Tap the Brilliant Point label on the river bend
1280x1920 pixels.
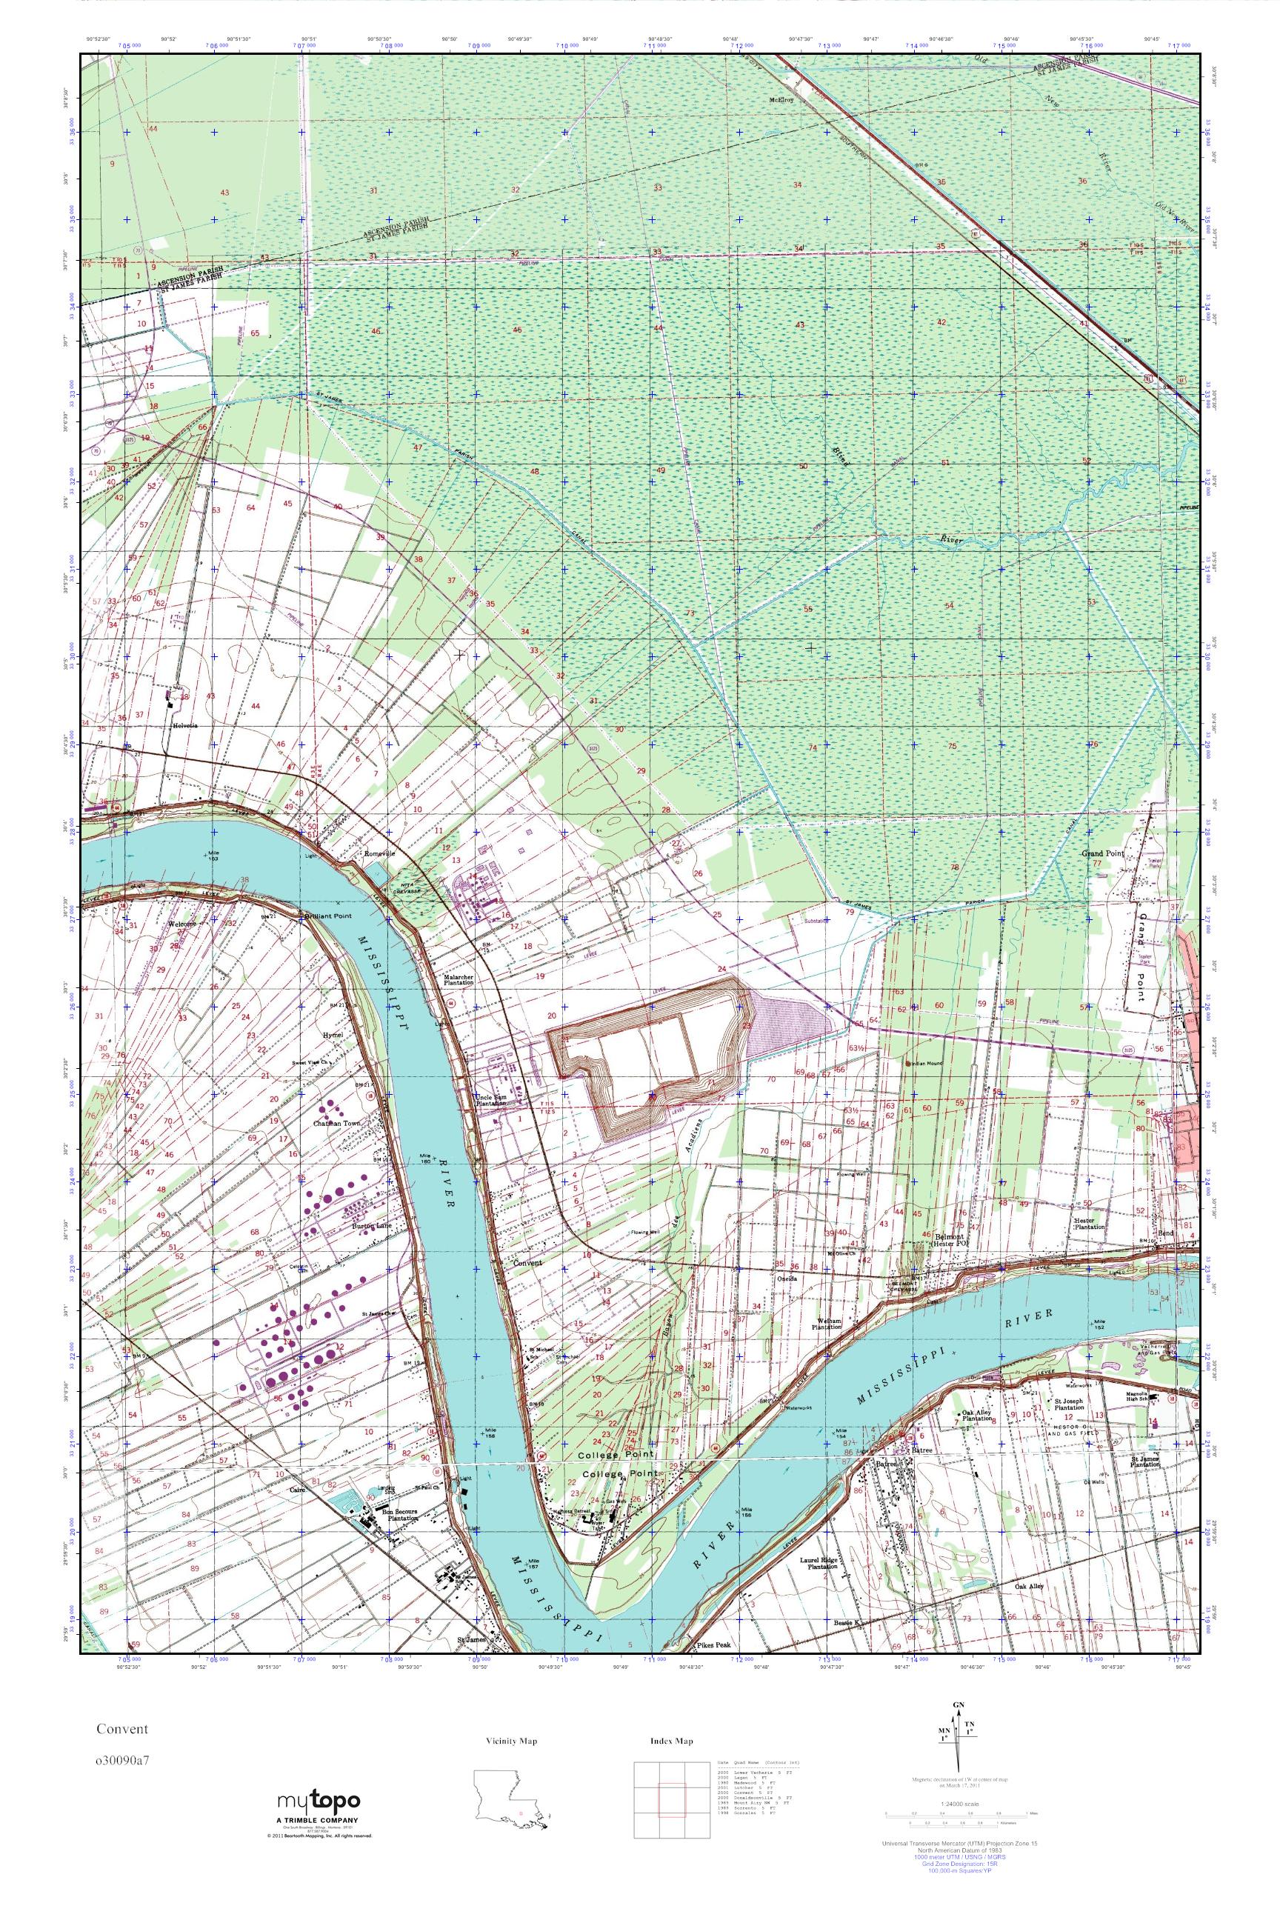coord(327,917)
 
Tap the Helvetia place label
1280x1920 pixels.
coord(184,724)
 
